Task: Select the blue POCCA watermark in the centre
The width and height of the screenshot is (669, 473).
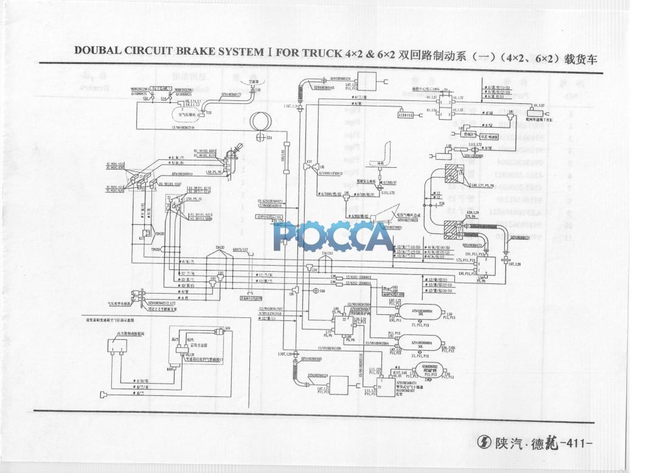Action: click(x=333, y=236)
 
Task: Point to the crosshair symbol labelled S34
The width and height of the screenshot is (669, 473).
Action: click(x=262, y=138)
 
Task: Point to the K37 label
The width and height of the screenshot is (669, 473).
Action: click(x=310, y=162)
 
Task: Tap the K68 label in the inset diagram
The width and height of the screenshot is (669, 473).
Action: click(x=171, y=369)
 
